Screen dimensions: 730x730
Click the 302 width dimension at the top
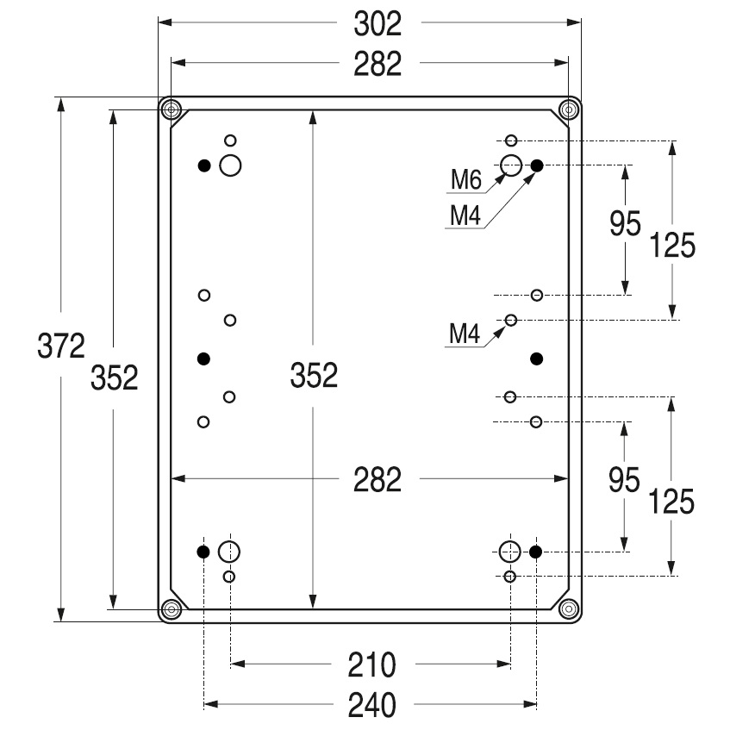(377, 25)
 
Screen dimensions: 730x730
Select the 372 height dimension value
(60, 347)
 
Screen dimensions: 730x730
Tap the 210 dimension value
(371, 664)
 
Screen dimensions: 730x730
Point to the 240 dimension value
(371, 706)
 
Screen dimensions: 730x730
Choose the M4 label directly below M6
(465, 215)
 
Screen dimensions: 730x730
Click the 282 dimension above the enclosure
(377, 64)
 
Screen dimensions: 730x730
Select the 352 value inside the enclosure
(314, 377)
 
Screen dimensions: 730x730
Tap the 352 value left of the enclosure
(115, 377)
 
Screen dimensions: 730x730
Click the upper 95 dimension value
(625, 225)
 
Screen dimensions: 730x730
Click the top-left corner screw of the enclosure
(172, 109)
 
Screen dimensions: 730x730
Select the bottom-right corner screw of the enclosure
(568, 609)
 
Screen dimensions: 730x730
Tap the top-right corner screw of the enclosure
(568, 109)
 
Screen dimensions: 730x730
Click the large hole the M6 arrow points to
(511, 165)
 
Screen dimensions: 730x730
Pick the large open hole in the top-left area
(230, 165)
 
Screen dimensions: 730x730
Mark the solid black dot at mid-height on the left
(204, 358)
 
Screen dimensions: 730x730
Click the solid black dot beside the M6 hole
(536, 165)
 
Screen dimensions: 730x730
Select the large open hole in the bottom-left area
(229, 551)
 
